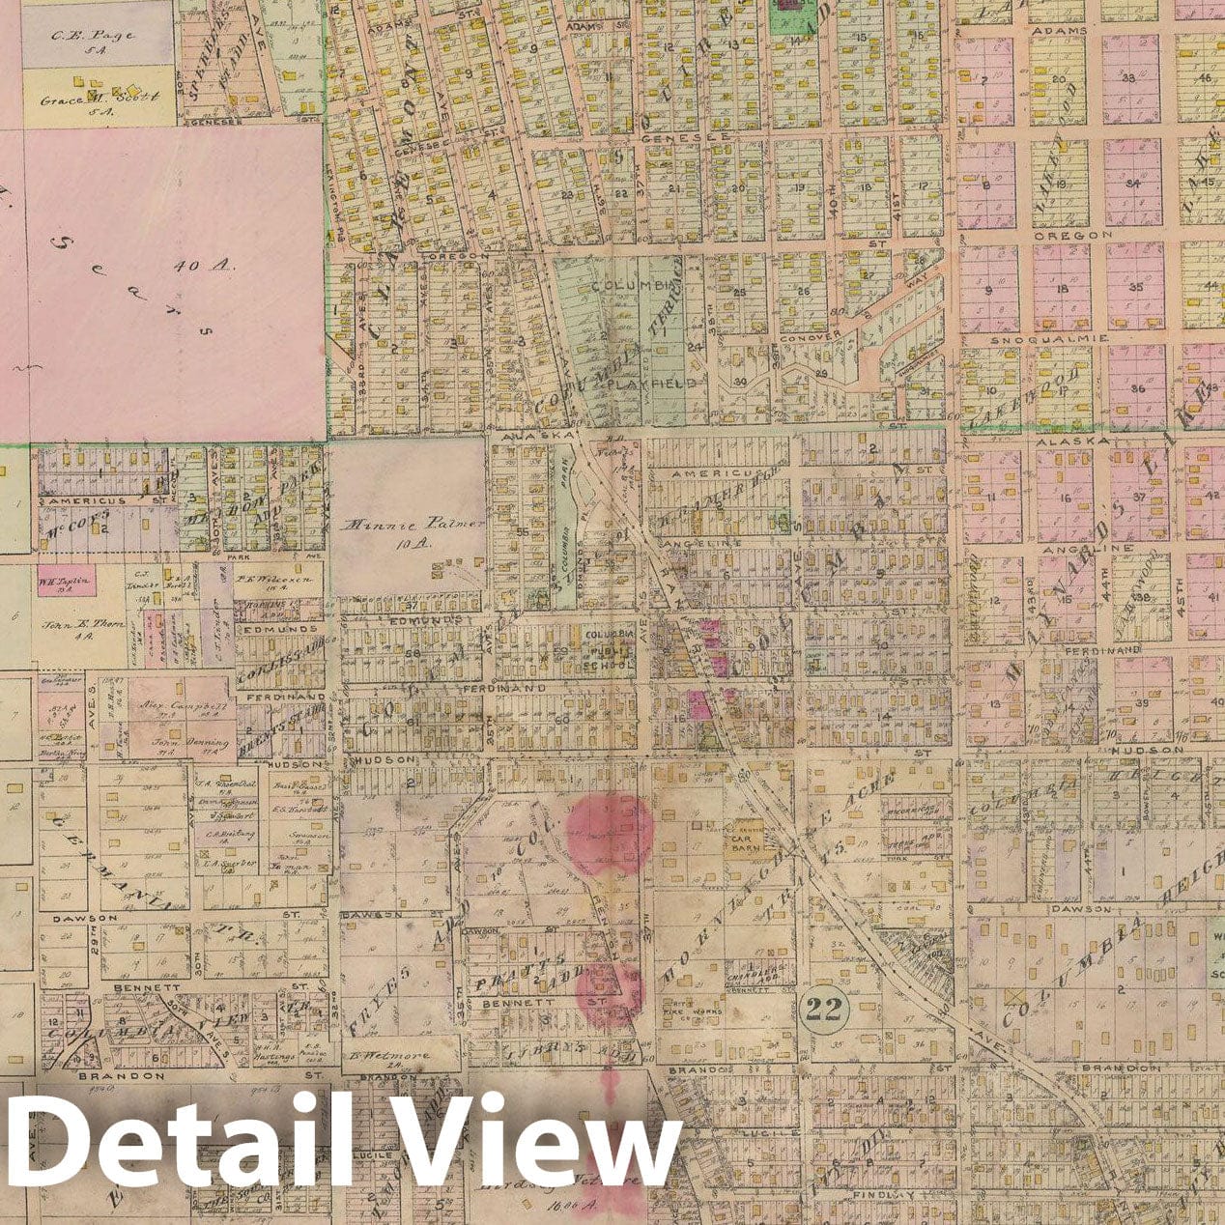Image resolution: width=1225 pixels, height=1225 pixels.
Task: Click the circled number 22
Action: pyautogui.click(x=825, y=1011)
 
